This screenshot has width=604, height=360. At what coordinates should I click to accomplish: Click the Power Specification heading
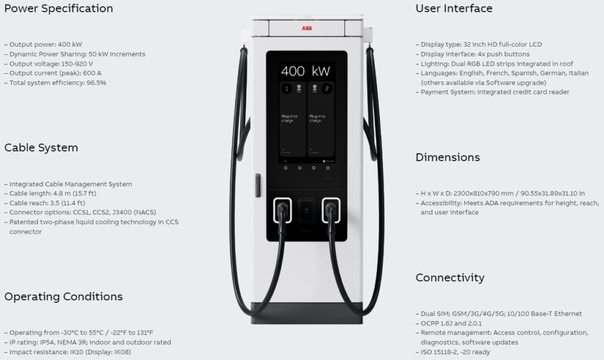[x=58, y=9]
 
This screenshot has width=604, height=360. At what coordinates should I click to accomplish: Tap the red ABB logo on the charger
[x=307, y=28]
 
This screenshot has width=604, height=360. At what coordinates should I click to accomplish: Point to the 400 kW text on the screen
[x=305, y=71]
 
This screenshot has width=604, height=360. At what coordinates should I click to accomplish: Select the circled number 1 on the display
[x=286, y=89]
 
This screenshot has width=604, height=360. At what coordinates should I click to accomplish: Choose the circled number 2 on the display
[x=327, y=89]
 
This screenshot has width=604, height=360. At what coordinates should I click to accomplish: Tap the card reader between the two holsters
[x=307, y=210]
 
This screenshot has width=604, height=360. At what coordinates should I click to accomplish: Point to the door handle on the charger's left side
[x=257, y=185]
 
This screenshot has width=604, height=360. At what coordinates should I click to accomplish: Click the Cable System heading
[x=41, y=148]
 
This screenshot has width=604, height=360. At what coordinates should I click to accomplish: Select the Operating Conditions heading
[x=64, y=296]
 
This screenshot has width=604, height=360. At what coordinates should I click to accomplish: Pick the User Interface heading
[x=454, y=9]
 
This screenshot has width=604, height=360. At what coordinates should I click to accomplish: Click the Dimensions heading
[x=448, y=158]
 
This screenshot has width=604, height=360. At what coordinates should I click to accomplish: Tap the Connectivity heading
[x=450, y=277]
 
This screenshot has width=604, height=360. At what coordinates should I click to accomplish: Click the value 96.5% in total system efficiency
[x=97, y=83]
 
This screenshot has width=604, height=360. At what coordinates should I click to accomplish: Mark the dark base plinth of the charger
[x=307, y=313]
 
